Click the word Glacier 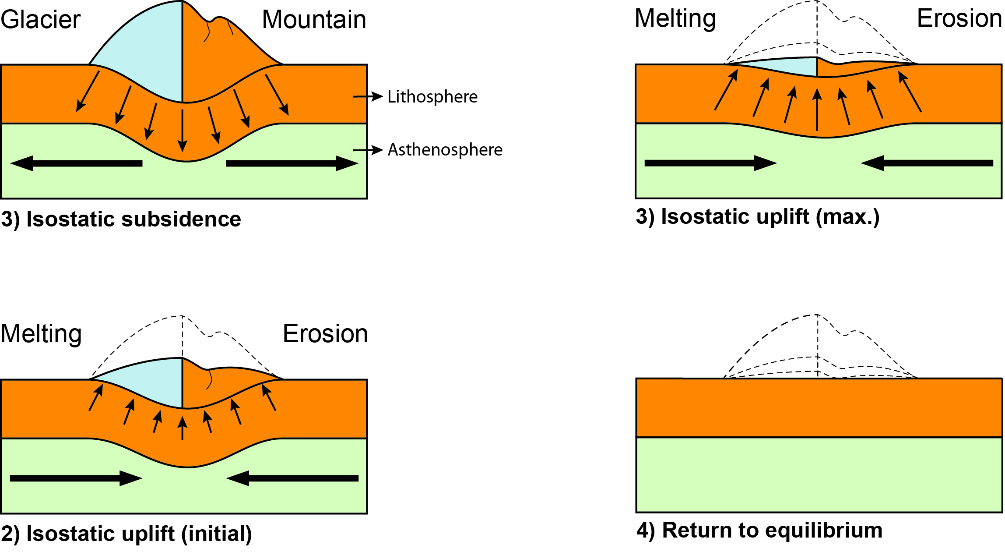(40, 20)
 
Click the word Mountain (314, 20)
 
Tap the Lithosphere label (432, 97)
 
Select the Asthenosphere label (445, 150)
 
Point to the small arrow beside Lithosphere (368, 96)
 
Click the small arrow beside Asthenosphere (368, 150)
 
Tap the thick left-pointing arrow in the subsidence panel (76, 163)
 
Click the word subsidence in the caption (181, 219)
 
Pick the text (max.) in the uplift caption (847, 217)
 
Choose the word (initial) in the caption (217, 534)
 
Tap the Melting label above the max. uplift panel (675, 19)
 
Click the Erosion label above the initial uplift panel (325, 334)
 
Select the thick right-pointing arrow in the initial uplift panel (76, 478)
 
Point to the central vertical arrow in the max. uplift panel (817, 110)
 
